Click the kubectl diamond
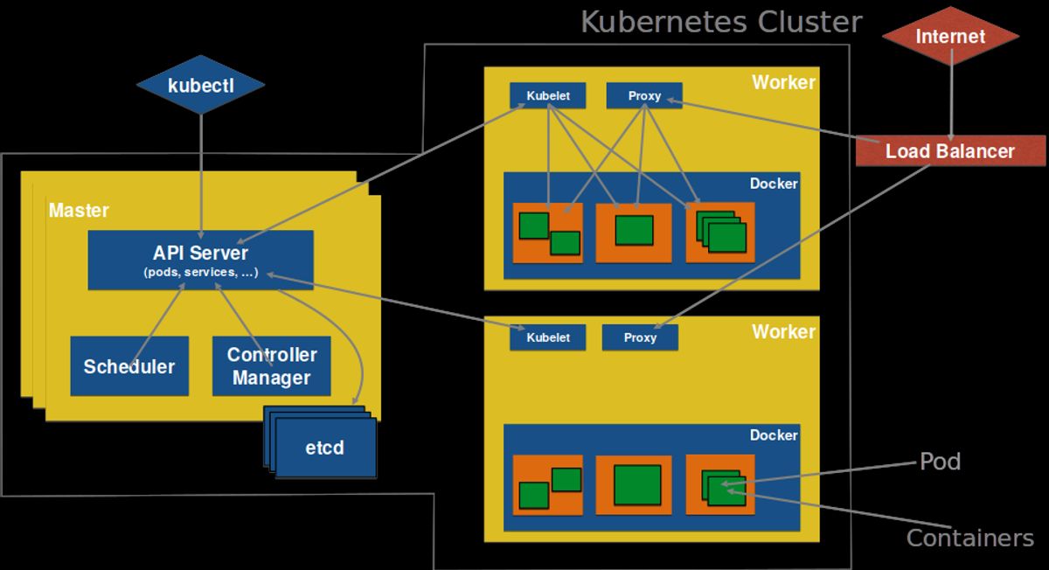point(201,86)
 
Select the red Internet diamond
point(950,37)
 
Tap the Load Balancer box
point(950,151)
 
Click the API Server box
point(200,260)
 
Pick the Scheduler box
point(129,366)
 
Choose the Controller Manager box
point(271,366)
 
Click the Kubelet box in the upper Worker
point(548,95)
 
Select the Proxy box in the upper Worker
point(644,95)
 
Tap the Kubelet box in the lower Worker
point(548,337)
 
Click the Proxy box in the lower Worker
point(640,337)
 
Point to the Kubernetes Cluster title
point(721,22)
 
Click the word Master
point(79,211)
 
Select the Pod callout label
point(940,462)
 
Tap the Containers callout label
point(969,538)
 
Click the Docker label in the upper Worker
point(774,184)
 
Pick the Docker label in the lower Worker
point(774,434)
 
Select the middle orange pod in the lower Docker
point(634,485)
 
